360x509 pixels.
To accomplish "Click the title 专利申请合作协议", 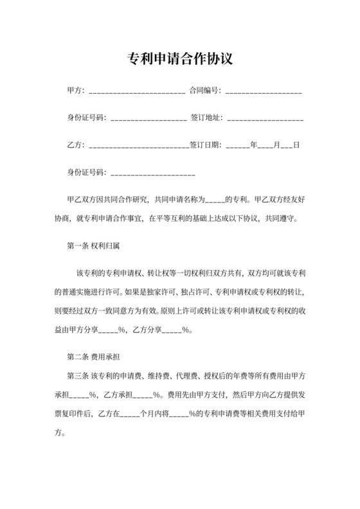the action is click(x=179, y=59).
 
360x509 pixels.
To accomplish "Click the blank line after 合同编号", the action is click(x=264, y=92).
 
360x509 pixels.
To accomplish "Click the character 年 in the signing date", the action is click(x=253, y=145).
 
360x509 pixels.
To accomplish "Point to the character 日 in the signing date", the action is click(x=296, y=145).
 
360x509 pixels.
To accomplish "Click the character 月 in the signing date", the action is click(x=276, y=145).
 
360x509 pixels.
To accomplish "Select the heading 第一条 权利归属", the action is click(x=94, y=246).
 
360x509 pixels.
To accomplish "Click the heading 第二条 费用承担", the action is click(x=94, y=355).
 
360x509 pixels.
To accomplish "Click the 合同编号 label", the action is click(x=204, y=92).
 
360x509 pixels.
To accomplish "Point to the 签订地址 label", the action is click(x=206, y=119).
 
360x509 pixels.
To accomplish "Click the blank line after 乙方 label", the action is click(x=137, y=145).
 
